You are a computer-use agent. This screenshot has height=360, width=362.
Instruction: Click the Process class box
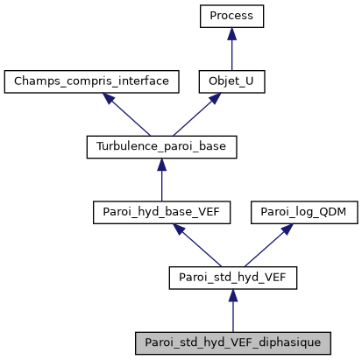pyautogui.click(x=231, y=17)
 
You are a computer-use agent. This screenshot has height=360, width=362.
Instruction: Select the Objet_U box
pyautogui.click(x=231, y=81)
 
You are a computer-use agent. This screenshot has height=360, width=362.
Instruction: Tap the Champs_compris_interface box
pyautogui.click(x=92, y=81)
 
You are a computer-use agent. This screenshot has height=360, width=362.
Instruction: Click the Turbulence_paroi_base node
pyautogui.click(x=161, y=146)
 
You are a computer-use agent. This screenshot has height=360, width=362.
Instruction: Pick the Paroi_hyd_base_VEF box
pyautogui.click(x=161, y=211)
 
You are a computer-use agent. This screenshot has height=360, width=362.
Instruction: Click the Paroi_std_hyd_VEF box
pyautogui.click(x=232, y=277)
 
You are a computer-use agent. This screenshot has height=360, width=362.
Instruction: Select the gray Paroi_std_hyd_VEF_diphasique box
pyautogui.click(x=232, y=342)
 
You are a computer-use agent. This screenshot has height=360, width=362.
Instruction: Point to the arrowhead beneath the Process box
pyautogui.click(x=231, y=33)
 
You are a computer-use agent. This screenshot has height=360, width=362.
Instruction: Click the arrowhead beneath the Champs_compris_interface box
pyautogui.click(x=111, y=99)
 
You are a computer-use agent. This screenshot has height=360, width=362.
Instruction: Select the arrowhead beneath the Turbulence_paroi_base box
pyautogui.click(x=161, y=164)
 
